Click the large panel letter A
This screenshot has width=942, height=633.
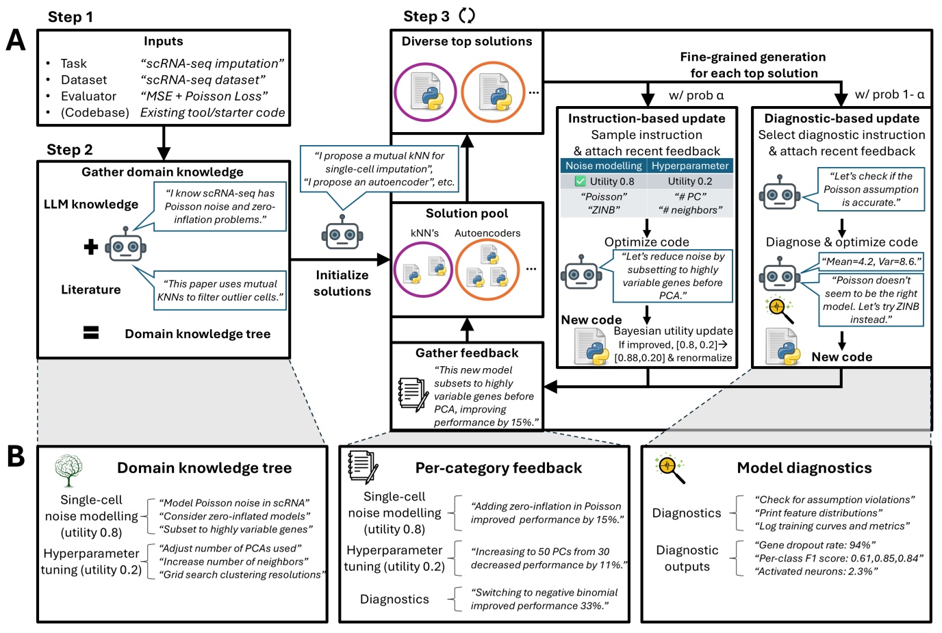(15, 40)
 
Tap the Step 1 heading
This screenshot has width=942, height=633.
(70, 17)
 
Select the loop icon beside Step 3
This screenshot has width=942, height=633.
(467, 15)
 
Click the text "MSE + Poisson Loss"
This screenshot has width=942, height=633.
(204, 96)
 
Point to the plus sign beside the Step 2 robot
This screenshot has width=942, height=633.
(91, 247)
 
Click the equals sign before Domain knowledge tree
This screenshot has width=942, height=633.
(91, 333)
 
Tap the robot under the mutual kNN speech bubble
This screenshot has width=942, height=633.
(342, 233)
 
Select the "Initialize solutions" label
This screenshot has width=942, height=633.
(342, 283)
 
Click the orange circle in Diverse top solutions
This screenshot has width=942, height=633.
(493, 92)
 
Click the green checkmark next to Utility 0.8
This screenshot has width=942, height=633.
(580, 181)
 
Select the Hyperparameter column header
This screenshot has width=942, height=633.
(690, 166)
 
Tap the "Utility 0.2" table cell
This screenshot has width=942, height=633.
(690, 181)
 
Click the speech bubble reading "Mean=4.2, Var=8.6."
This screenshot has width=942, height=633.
(871, 261)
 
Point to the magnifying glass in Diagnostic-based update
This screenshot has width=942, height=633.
(780, 309)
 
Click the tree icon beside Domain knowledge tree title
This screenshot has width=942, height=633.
(68, 470)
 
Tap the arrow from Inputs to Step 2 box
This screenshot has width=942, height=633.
(163, 144)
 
